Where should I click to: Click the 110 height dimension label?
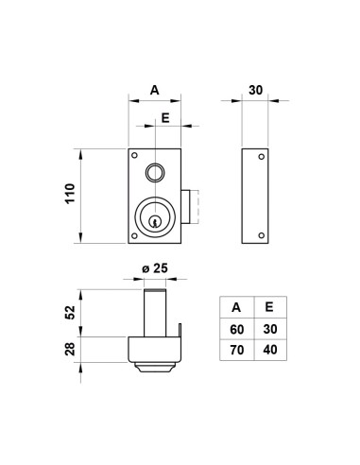(x=70, y=194)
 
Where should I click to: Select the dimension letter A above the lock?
(x=154, y=90)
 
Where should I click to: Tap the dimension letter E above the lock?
(x=165, y=118)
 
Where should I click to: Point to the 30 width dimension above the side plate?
(x=255, y=90)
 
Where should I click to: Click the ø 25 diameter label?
(x=155, y=268)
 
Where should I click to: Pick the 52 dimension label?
(x=70, y=313)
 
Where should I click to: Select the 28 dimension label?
(x=70, y=349)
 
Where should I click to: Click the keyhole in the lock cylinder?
(x=154, y=221)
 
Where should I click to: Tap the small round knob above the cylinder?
(x=155, y=172)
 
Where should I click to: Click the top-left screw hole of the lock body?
(x=134, y=155)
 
